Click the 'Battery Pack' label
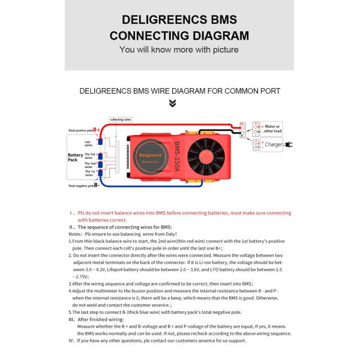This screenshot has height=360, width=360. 76,157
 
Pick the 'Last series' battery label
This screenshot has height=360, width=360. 88,143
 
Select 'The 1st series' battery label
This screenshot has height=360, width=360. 89,173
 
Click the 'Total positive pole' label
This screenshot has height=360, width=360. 81,130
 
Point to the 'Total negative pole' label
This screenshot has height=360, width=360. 81,186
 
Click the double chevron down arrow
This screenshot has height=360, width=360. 173,103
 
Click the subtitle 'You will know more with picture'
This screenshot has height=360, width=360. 179,50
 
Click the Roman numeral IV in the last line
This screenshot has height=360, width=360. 71,341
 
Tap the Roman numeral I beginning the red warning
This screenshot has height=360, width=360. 71,213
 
